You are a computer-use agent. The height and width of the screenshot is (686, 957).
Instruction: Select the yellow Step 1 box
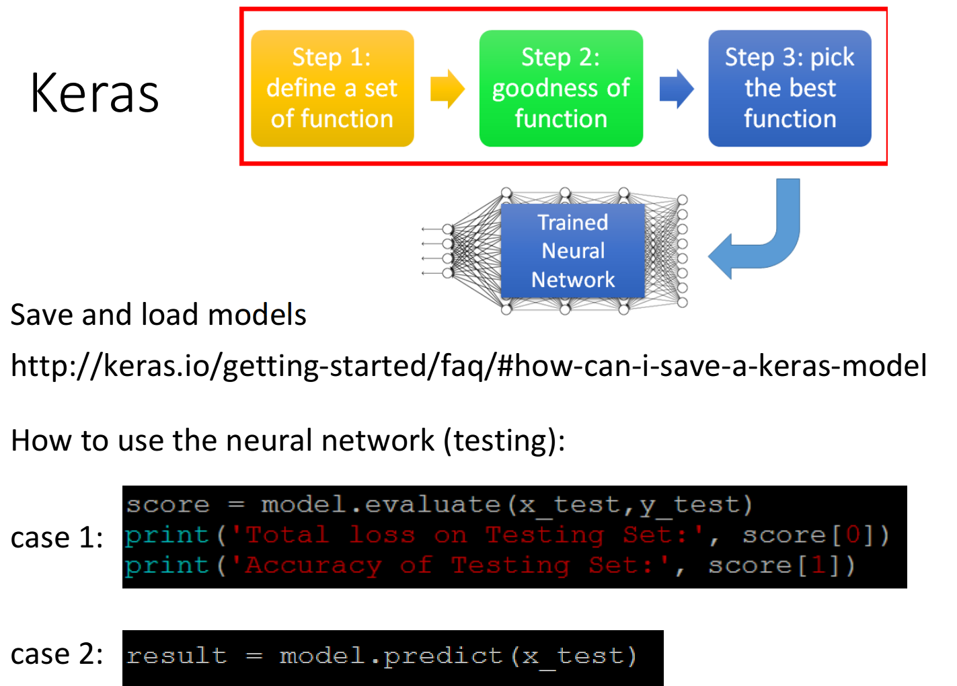[332, 88]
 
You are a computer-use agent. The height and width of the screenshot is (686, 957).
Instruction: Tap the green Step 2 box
[561, 88]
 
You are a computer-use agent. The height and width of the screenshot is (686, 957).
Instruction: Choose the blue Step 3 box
[790, 88]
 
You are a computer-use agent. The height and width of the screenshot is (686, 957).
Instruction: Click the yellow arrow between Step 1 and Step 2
[447, 89]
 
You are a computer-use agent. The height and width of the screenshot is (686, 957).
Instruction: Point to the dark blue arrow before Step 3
[677, 89]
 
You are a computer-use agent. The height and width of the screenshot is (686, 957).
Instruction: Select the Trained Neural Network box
[572, 251]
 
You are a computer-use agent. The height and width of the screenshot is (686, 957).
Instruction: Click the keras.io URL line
[469, 366]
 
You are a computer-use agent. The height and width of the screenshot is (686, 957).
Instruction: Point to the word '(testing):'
[504, 441]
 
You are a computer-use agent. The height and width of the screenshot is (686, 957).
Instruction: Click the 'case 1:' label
[56, 537]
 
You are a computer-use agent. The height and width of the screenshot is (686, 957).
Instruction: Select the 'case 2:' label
[56, 654]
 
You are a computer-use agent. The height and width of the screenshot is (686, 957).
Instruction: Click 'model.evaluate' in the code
[380, 505]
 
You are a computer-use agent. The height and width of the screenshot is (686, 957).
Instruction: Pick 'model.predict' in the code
[391, 656]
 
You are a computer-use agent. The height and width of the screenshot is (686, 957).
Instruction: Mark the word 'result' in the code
[176, 655]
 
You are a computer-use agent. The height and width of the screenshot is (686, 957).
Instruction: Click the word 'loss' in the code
[382, 535]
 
